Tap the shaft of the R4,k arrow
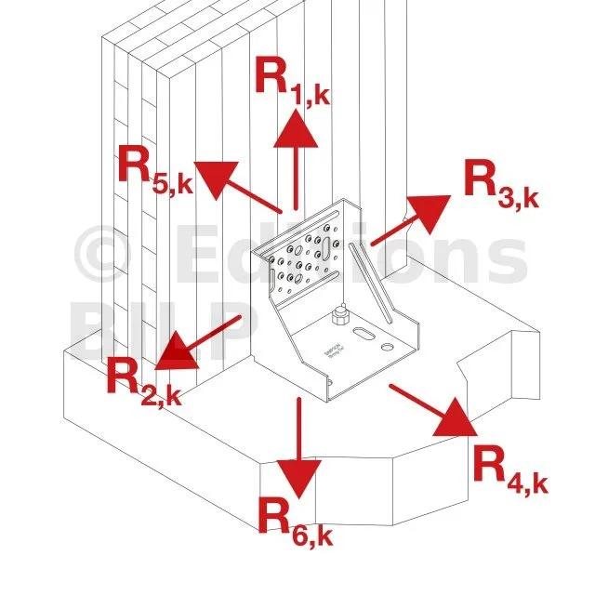pyautogui.click(x=415, y=398)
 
